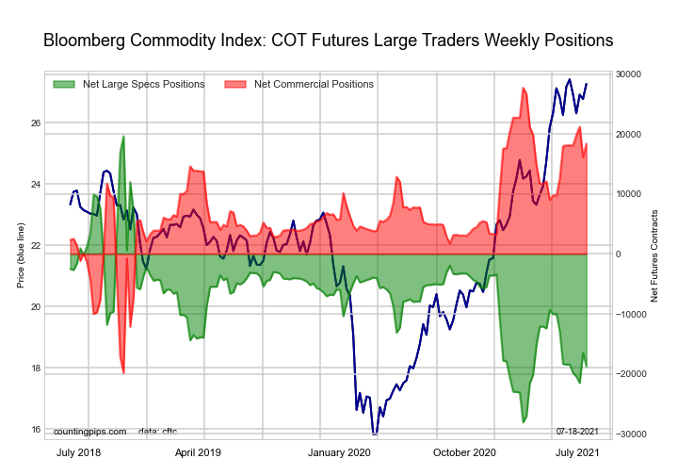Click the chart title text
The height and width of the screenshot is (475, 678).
pos(329,41)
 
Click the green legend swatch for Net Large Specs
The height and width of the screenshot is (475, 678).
pos(65,84)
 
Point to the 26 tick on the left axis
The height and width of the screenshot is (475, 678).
pos(34,123)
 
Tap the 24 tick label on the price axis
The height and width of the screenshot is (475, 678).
pos(34,185)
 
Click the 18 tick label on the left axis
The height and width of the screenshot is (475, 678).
pos(34,369)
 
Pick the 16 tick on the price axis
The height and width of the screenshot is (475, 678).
pos(34,430)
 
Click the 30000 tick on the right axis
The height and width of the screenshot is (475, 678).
pos(628,74)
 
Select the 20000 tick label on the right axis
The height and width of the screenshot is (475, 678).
pos(628,135)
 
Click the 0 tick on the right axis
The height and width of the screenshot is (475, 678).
pos(619,254)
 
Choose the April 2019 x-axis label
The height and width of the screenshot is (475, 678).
pos(197,453)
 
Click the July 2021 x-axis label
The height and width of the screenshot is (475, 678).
pos(576,453)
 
